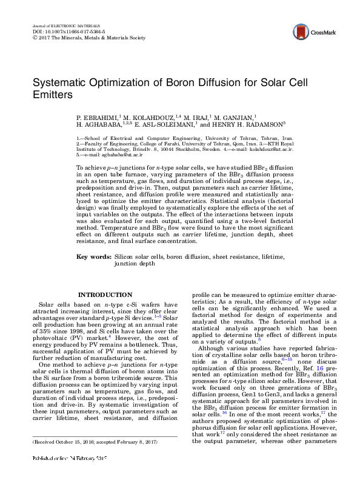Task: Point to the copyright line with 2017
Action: click(88, 37)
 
